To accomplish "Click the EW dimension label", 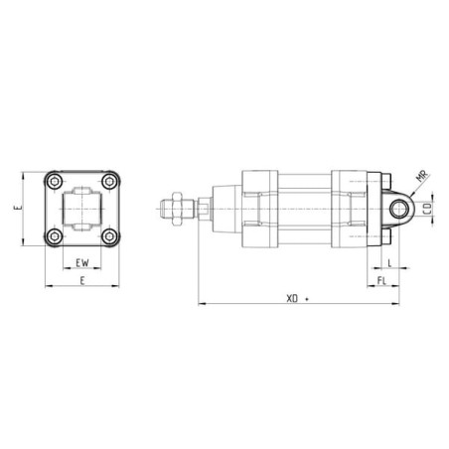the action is pyautogui.click(x=82, y=263).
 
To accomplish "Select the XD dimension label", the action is pyautogui.click(x=292, y=299).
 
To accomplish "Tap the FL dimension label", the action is pyautogui.click(x=381, y=281).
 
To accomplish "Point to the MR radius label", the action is pyautogui.click(x=422, y=176).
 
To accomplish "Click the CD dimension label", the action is pyautogui.click(x=428, y=209).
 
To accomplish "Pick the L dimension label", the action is pyautogui.click(x=389, y=263).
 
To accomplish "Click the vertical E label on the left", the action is pyautogui.click(x=18, y=208).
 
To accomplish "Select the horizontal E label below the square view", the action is pyautogui.click(x=82, y=281).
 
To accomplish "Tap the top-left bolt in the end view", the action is pyautogui.click(x=54, y=182).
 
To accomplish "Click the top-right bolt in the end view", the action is pyautogui.click(x=109, y=182).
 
